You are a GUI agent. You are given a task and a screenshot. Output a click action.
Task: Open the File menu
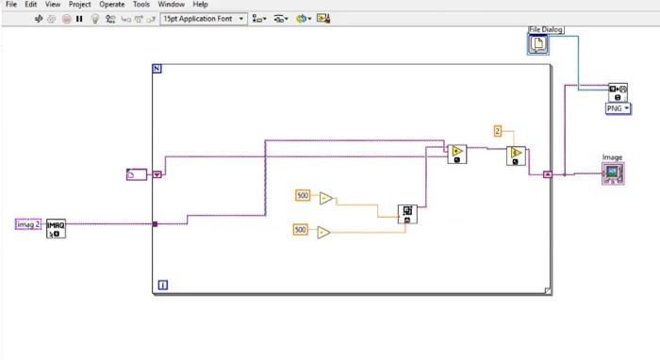coord(11,5)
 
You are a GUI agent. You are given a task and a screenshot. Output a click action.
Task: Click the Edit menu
coord(31,5)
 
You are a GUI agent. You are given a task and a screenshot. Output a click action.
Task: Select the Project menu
coord(79,5)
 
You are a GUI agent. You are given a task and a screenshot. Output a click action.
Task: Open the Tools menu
coord(140,5)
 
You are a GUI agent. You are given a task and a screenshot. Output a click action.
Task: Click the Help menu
coord(200,5)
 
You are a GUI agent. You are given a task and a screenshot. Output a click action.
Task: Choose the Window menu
coord(171,5)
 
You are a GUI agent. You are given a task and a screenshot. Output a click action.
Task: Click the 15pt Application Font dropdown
coord(204,18)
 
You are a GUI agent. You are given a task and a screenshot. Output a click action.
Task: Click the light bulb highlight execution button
coord(95,18)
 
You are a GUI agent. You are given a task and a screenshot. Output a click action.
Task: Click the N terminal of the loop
coord(157,69)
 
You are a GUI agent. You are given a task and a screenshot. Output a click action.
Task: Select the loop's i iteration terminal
coord(162,285)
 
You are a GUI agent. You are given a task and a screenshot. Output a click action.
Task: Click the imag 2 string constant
coord(28,223)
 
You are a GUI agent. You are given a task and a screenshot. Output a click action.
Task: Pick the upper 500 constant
coord(303,195)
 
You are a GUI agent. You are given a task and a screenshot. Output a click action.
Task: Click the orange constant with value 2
coord(498,131)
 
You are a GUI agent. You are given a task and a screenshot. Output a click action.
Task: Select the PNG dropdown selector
coord(618,108)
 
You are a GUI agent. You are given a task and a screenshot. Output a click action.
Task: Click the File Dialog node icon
coord(537,43)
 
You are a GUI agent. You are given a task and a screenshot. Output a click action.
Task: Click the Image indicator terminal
coord(613,172)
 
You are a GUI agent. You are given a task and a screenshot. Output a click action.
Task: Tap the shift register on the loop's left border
coord(157,174)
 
